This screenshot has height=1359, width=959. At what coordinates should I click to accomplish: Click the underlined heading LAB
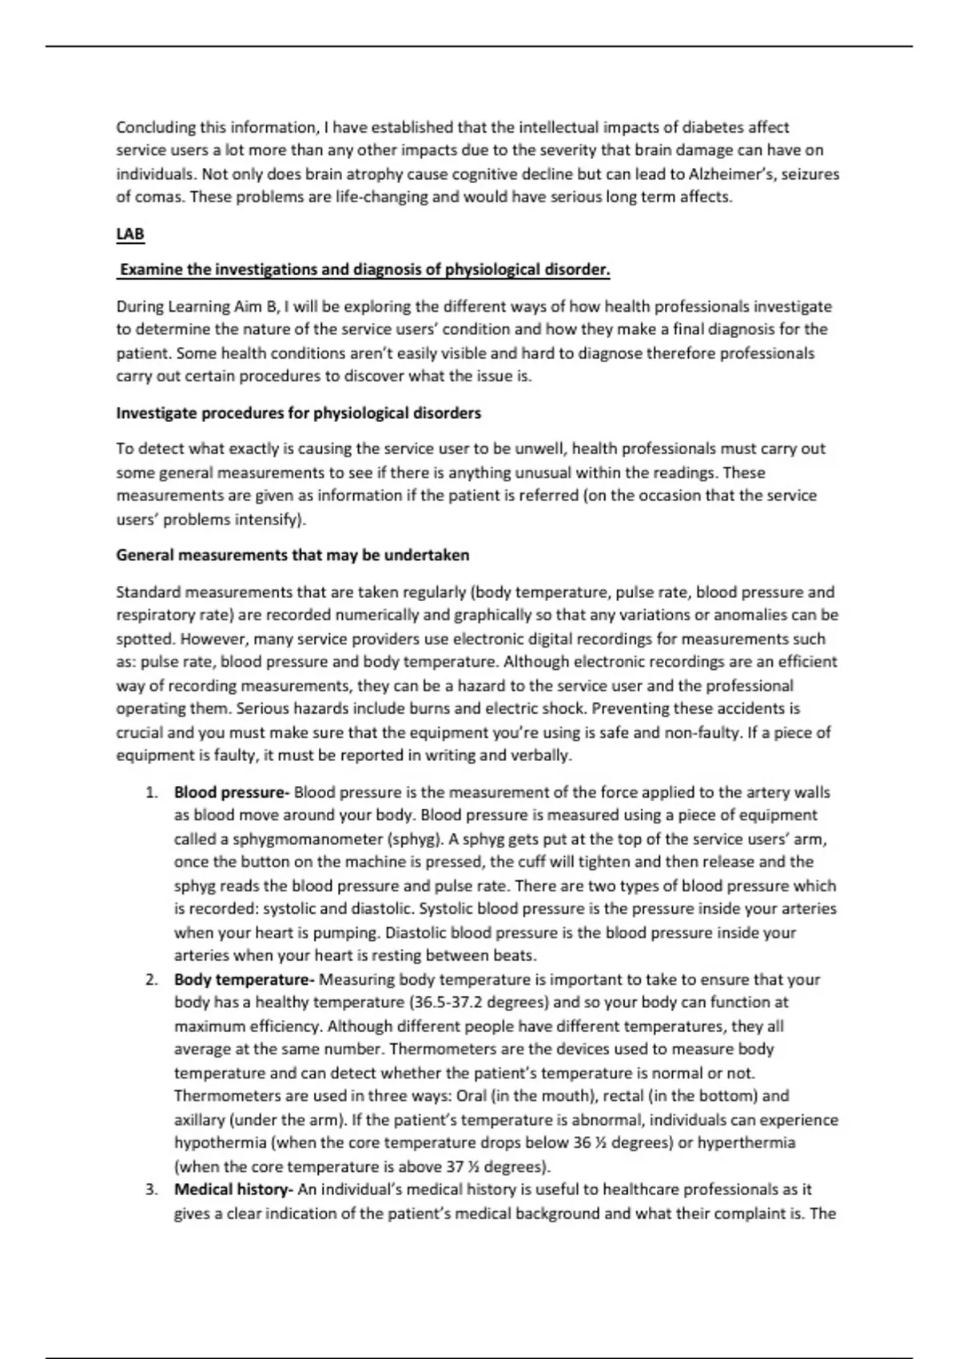coord(130,234)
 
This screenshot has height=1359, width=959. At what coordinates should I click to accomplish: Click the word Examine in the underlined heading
coord(151,269)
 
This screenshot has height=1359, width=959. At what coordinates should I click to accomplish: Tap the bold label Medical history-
coord(233,1190)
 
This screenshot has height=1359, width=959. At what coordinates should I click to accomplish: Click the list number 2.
coord(151,979)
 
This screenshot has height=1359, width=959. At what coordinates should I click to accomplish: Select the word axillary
coord(200,1119)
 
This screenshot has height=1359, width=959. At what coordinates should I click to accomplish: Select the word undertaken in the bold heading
coord(427,555)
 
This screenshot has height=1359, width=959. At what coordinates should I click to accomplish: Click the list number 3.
coord(151,1190)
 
